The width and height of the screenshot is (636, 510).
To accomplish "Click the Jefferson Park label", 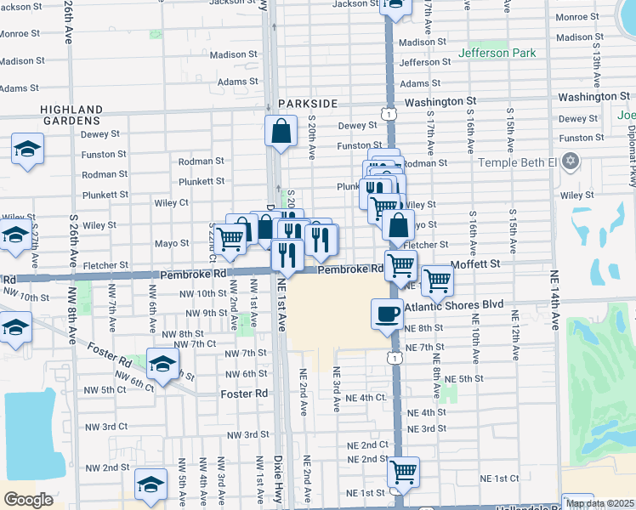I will pos(497,53).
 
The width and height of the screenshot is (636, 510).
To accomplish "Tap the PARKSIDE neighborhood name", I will pos(307,103).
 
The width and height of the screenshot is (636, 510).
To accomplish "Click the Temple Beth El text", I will pos(518,161).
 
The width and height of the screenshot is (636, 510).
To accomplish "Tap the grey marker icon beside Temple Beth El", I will pos(571,161).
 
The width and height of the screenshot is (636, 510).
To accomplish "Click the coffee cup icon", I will pos(387,313).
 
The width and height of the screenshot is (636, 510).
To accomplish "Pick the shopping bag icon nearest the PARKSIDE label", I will pos(280,133).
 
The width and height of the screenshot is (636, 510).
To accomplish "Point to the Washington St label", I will pos(440,101).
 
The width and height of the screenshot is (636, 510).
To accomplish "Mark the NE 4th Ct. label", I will pos(366,397).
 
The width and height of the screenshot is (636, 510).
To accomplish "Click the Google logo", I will pos(28,500).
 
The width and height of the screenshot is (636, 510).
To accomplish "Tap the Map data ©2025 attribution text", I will pos(599,503).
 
